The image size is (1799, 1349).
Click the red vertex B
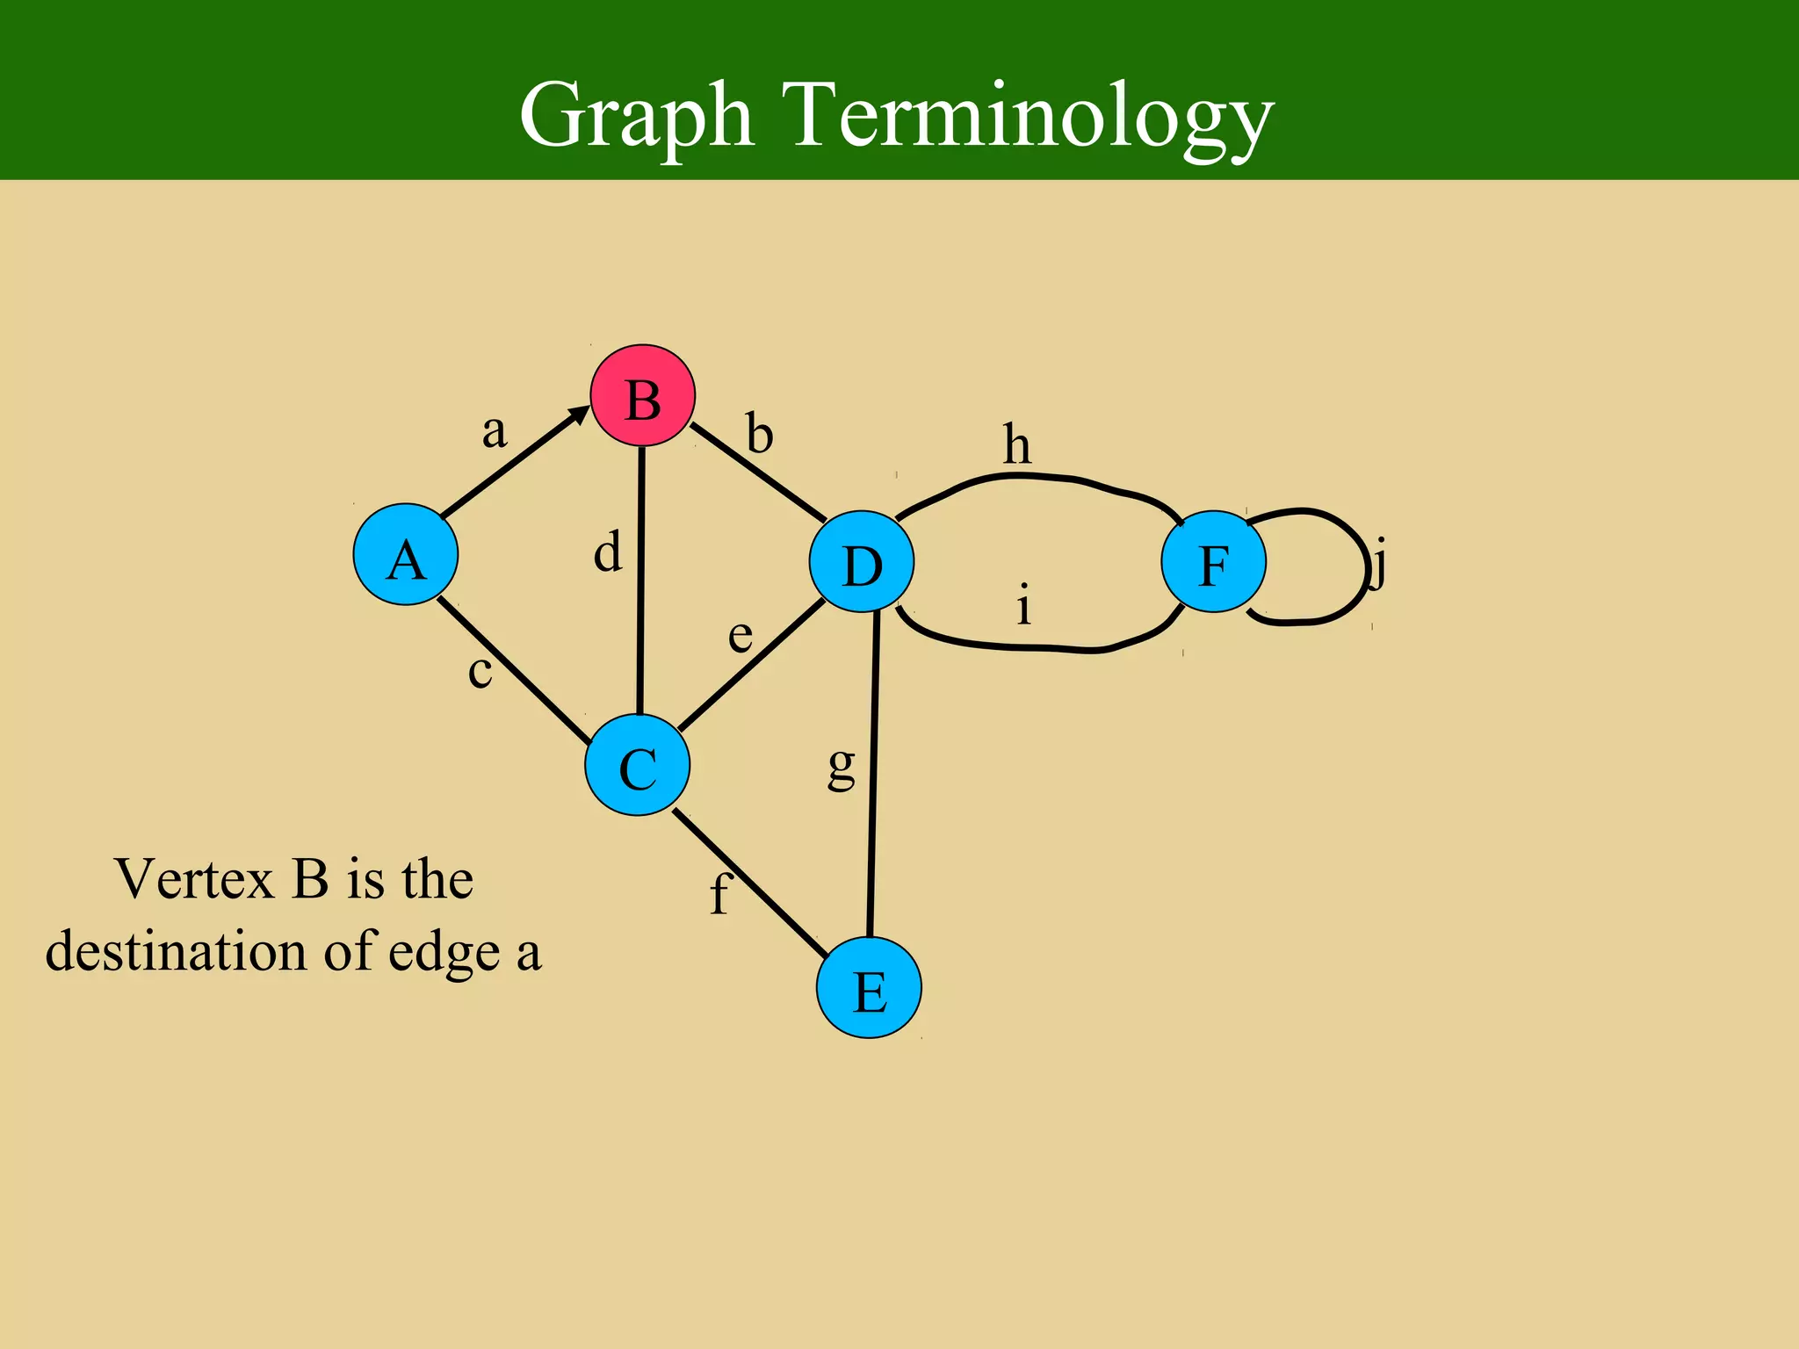[642, 396]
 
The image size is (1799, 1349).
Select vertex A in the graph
[406, 554]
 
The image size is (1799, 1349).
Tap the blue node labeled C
[638, 765]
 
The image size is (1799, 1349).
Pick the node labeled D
[862, 562]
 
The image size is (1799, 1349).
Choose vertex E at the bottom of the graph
[869, 987]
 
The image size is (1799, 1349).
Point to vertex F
[1213, 561]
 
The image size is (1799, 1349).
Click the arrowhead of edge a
[581, 413]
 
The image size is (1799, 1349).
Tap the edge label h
[1017, 444]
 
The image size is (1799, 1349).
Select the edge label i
[1023, 605]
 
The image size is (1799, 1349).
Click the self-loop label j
[1379, 564]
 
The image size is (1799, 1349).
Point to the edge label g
[842, 766]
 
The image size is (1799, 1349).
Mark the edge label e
[741, 635]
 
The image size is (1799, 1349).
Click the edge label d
[608, 552]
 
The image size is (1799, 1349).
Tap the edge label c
[480, 672]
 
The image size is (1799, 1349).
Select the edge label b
[760, 434]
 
